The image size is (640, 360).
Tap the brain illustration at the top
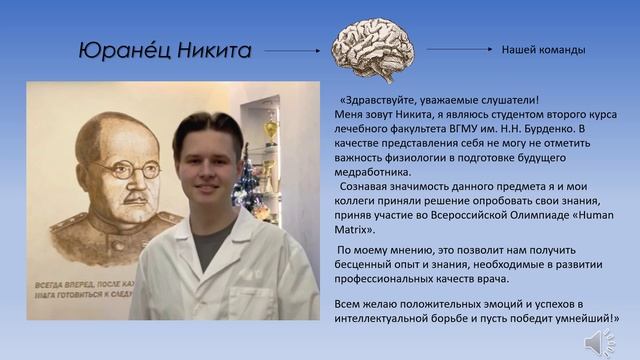pyautogui.click(x=373, y=48)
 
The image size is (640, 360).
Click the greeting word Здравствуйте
pyautogui.click(x=386, y=100)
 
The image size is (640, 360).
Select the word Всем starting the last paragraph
pyautogui.click(x=349, y=302)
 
